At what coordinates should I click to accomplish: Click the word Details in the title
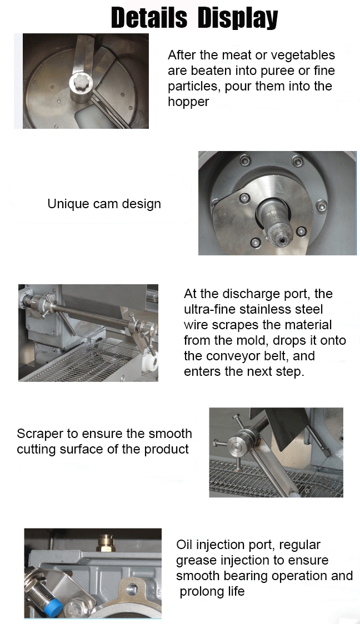[x=149, y=18]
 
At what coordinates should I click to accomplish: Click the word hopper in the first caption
[x=188, y=102]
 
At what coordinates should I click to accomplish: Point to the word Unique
[x=68, y=204]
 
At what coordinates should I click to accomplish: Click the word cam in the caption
[x=106, y=204]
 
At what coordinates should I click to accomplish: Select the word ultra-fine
[x=210, y=309]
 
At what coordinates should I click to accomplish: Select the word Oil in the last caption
[x=184, y=545]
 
